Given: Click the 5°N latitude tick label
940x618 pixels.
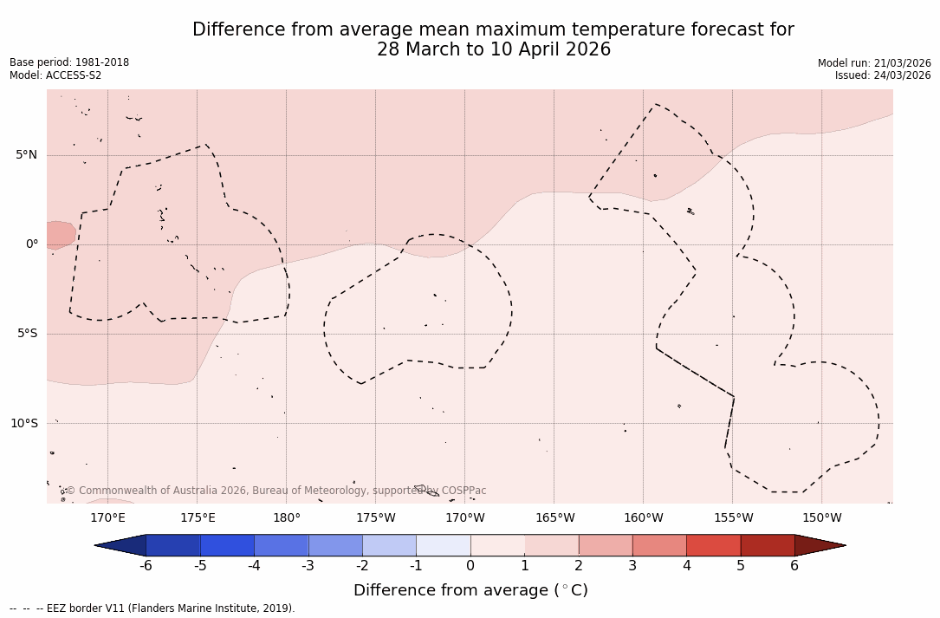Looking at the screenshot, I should click(x=26, y=155).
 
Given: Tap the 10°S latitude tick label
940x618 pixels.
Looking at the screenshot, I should click(x=23, y=424).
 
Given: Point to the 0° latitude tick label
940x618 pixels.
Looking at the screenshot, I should click(x=32, y=244).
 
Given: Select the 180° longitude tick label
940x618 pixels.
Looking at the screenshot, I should click(x=287, y=518).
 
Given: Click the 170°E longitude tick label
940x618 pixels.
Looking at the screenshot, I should click(x=108, y=518).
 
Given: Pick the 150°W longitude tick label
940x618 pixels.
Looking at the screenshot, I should click(x=821, y=518).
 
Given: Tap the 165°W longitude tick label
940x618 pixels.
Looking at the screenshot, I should click(x=554, y=518).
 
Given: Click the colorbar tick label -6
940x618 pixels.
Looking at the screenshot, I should click(x=146, y=566).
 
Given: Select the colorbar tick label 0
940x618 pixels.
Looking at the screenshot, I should click(x=470, y=566).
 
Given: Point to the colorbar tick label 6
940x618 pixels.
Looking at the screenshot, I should click(x=794, y=566).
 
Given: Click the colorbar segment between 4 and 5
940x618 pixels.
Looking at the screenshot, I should click(x=713, y=545).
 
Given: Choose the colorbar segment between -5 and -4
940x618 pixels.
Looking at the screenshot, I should click(x=227, y=545).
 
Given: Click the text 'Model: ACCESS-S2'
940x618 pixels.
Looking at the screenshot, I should click(x=55, y=75).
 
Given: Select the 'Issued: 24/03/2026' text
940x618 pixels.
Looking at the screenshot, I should click(x=883, y=75).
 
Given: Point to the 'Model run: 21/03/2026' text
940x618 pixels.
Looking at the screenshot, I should click(x=874, y=63).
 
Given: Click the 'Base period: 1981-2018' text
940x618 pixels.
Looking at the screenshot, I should click(x=69, y=62).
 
